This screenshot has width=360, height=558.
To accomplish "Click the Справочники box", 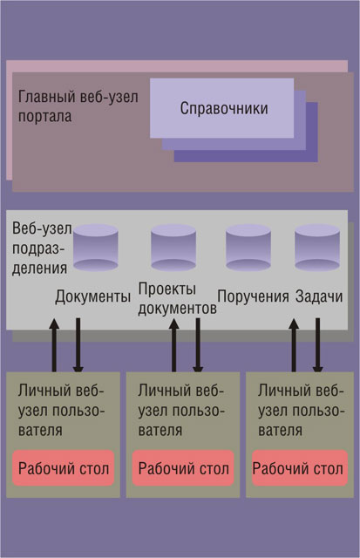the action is pyautogui.click(x=221, y=108).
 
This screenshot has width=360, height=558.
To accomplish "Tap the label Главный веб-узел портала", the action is pyautogui.click(x=78, y=106).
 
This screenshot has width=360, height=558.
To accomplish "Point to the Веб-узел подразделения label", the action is pyautogui.click(x=42, y=248).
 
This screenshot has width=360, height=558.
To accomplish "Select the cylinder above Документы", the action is pyautogui.click(x=95, y=248).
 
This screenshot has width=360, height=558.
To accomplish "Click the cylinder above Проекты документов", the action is pyautogui.click(x=173, y=248).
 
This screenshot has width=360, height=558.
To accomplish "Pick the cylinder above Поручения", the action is pyautogui.click(x=248, y=248).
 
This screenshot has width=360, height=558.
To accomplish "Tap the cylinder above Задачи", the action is pyautogui.click(x=317, y=248).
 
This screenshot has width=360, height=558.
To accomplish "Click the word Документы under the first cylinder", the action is pyautogui.click(x=93, y=296).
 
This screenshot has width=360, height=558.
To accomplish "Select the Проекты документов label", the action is pyautogui.click(x=177, y=298).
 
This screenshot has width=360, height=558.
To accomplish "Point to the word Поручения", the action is pyautogui.click(x=253, y=296).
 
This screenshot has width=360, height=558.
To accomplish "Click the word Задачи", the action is pyautogui.click(x=319, y=296).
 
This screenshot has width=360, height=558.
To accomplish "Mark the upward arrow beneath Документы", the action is pyautogui.click(x=54, y=345).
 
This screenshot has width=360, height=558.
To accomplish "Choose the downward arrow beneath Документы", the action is pyautogui.click(x=78, y=345).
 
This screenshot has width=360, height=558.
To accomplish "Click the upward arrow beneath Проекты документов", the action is pyautogui.click(x=174, y=345).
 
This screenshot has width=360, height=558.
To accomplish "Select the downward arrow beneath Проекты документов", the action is pyautogui.click(x=198, y=345).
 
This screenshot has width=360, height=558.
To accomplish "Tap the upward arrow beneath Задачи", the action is pyautogui.click(x=294, y=345).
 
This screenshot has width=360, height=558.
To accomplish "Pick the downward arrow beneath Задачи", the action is pyautogui.click(x=317, y=345).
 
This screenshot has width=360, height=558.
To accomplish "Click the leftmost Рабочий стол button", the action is pyautogui.click(x=64, y=468).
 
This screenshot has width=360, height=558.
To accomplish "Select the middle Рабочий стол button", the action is pyautogui.click(x=183, y=468).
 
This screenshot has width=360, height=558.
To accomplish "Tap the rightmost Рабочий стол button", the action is pyautogui.click(x=300, y=468).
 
